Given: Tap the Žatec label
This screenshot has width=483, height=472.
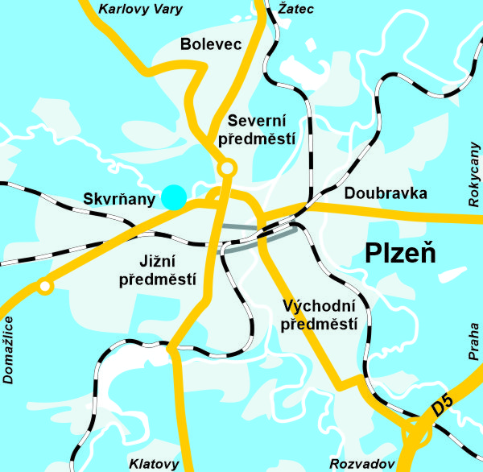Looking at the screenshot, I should pos(295,10).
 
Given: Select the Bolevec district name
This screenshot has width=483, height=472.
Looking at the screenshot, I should pos(212,44).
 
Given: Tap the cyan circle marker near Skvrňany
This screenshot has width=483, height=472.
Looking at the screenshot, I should pos(173,197).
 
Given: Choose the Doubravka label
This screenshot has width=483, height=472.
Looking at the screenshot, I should pos(386,193).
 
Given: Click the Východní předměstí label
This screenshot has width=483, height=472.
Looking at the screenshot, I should pos(320,315).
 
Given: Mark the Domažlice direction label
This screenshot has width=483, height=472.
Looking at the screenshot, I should pos(10,350).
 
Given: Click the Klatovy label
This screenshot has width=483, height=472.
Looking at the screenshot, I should pos(154,464).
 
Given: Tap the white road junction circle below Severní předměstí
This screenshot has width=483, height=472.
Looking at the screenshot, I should pos(228,168).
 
